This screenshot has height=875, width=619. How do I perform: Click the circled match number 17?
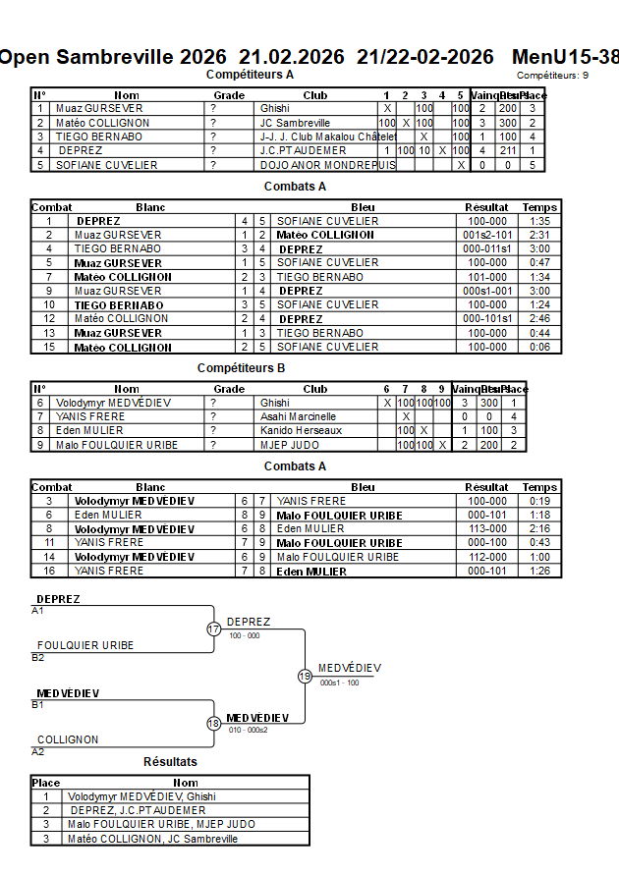tap(213, 629)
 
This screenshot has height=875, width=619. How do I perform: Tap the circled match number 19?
tap(305, 676)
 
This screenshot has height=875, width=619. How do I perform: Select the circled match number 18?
tap(213, 723)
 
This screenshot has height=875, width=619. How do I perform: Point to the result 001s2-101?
tap(486, 235)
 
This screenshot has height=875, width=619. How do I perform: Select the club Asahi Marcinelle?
tap(298, 416)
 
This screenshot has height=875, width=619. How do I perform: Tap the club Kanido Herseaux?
tap(301, 430)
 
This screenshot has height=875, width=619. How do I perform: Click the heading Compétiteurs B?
tap(241, 368)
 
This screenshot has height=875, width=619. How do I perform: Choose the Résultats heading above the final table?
tap(170, 762)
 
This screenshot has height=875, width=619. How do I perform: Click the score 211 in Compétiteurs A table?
tap(507, 150)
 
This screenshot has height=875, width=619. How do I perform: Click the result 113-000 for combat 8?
tap(486, 528)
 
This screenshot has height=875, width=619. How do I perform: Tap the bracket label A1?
tap(37, 610)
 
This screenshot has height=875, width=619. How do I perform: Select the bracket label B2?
tap(37, 657)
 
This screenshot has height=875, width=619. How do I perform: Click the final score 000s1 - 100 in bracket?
tap(339, 683)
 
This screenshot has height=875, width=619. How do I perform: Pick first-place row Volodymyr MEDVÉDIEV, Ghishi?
tap(141, 796)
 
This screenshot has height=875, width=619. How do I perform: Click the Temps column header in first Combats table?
tap(539, 207)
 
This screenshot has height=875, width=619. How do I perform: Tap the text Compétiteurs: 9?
tap(552, 75)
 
